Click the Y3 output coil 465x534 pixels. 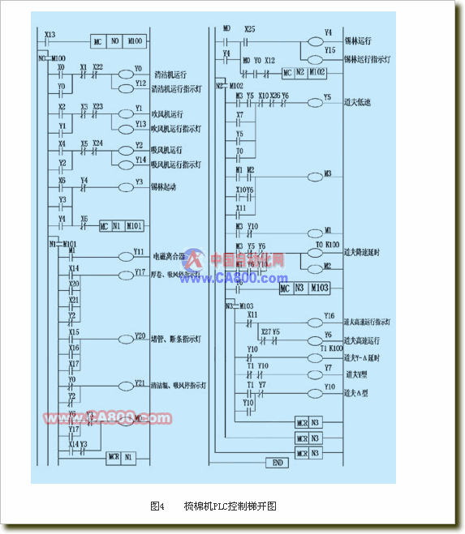tap(129, 186)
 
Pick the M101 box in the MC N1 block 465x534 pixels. tap(135, 226)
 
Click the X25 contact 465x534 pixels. tap(248, 38)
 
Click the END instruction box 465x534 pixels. tap(277, 462)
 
